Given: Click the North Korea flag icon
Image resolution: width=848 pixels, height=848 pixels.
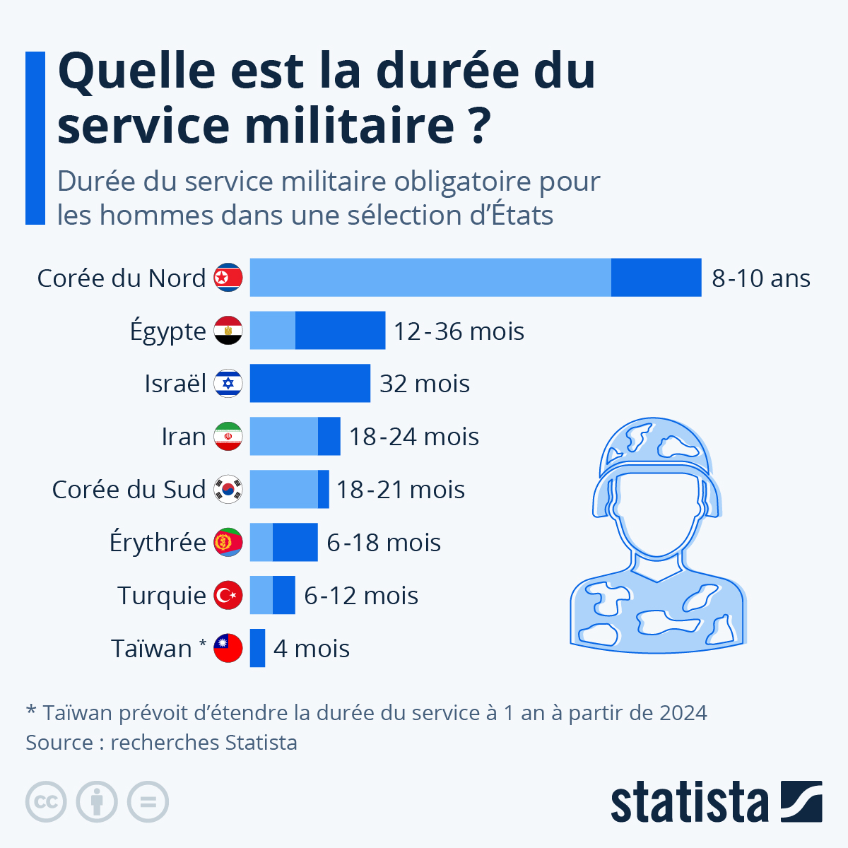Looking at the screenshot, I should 228,278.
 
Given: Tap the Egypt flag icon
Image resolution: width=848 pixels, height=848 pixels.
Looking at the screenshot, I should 228,331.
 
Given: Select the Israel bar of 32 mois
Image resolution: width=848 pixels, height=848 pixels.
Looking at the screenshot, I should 310,384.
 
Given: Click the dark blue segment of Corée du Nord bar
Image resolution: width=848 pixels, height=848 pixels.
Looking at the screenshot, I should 656,278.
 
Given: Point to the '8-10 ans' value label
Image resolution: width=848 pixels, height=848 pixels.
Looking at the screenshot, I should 760,278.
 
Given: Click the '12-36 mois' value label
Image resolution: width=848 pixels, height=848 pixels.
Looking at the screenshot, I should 459,331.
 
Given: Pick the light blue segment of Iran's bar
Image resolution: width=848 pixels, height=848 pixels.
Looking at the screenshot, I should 283,437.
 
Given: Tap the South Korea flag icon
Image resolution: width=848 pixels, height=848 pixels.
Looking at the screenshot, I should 228,489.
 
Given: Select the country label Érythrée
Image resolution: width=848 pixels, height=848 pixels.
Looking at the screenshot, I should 158,543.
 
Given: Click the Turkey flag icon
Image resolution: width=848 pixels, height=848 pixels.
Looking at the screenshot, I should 228,595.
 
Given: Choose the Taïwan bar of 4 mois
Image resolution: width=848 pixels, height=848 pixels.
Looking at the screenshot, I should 257,648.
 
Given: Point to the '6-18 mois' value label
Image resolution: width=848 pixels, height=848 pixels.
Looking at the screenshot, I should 384,543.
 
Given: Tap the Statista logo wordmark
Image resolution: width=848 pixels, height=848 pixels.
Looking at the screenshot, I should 689,803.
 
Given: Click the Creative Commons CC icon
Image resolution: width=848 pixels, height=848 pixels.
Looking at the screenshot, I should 46,802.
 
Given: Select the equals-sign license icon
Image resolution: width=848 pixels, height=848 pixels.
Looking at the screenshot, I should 148,802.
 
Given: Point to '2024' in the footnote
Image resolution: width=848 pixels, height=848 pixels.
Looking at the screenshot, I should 683,712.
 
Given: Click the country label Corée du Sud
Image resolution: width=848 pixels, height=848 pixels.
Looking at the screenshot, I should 129,490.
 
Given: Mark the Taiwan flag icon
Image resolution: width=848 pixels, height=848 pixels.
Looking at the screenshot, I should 228,648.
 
